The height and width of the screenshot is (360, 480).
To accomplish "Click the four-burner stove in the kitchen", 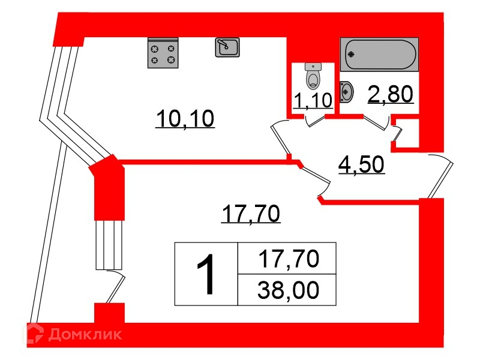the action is click(x=163, y=53).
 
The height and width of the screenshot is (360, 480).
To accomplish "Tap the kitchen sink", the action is click(x=227, y=47).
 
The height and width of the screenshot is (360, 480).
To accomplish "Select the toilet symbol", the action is click(x=313, y=76).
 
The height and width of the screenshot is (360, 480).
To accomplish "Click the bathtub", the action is click(x=379, y=55).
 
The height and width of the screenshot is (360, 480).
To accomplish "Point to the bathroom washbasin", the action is click(x=347, y=91).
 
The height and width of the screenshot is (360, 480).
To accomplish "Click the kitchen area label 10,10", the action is click(x=185, y=119).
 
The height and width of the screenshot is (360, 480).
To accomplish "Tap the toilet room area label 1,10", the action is click(x=313, y=100).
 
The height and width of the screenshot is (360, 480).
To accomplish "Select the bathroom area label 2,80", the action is click(x=391, y=94).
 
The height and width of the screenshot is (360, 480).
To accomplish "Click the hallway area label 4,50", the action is click(x=361, y=164).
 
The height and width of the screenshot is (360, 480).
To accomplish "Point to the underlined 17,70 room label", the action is click(x=251, y=214).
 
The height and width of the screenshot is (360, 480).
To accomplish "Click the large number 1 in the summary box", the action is click(x=206, y=274).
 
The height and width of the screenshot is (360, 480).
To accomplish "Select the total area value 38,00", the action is click(x=289, y=290).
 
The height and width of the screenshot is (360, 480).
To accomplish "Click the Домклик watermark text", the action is click(x=85, y=334).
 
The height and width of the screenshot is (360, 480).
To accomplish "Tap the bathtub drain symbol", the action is click(x=352, y=55).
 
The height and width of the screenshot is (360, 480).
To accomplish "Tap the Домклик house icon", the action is click(x=33, y=334).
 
